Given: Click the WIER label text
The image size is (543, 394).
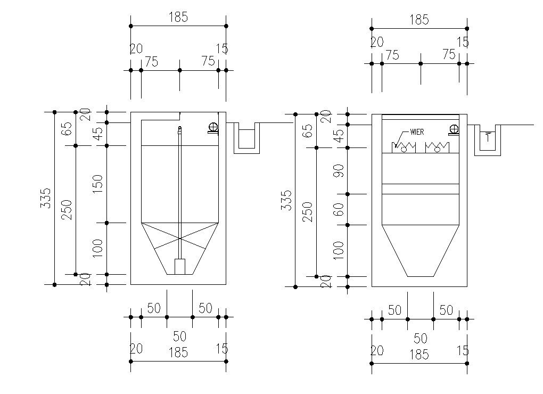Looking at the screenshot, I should pos(417,132).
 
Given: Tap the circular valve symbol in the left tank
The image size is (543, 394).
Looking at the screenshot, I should pos(213,128).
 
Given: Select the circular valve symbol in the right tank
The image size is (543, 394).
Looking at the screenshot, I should pos(454,129).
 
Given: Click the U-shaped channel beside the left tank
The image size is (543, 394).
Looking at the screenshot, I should pos(246,139).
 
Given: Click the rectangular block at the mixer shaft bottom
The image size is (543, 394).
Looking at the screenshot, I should pos(179,267).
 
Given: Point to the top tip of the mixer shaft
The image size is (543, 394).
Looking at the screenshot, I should pos(179,128).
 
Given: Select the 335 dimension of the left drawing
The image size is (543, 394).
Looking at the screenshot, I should pos(47,198).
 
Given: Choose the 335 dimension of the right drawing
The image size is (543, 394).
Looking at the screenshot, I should pos(287,200).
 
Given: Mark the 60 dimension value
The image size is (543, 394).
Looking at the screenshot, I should pos(339,209).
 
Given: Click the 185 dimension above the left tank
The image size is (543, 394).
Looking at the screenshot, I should pos(178,17).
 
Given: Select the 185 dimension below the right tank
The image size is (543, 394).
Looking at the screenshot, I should pos(419,355).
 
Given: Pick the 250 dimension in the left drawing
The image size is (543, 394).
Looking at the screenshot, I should pos(68,210).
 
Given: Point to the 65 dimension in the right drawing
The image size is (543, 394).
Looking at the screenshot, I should pos(308,131).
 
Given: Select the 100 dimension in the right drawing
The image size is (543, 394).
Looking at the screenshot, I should pos(339,250).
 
